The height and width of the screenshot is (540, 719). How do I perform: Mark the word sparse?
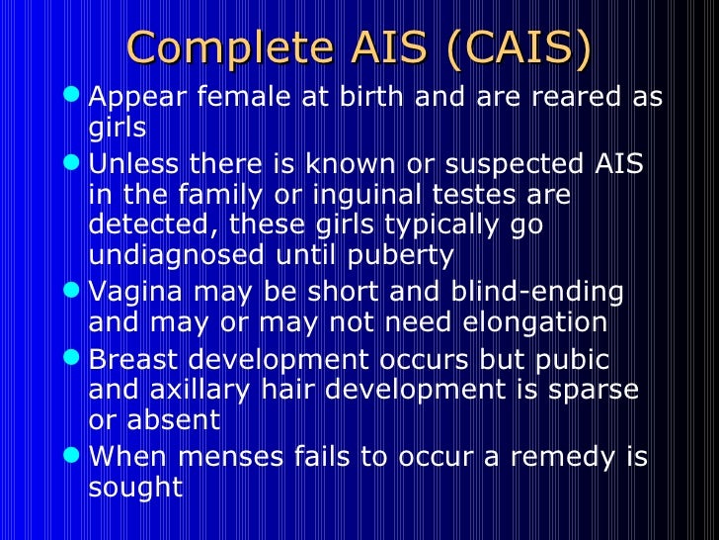click(x=590, y=390)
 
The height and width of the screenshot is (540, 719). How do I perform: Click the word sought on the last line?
click(x=135, y=488)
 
